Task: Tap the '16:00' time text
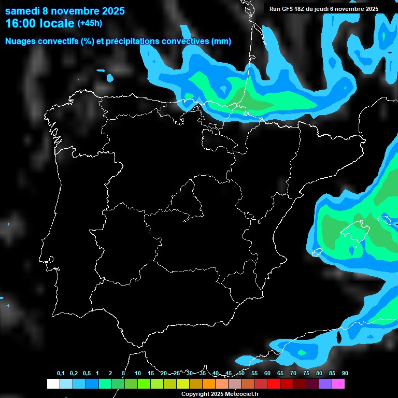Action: click(20, 23)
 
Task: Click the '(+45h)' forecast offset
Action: click(90, 23)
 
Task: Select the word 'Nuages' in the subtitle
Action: click(21, 41)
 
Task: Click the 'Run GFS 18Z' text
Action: click(288, 9)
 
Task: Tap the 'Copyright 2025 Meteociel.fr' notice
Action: click(220, 394)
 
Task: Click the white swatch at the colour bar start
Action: click(53, 383)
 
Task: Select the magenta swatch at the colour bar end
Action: click(338, 383)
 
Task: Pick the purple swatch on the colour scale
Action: click(325, 383)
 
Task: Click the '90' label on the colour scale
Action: click(345, 374)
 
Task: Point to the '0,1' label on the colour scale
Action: click(61, 374)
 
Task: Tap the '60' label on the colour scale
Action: click(267, 374)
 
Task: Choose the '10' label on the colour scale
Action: click(138, 374)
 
